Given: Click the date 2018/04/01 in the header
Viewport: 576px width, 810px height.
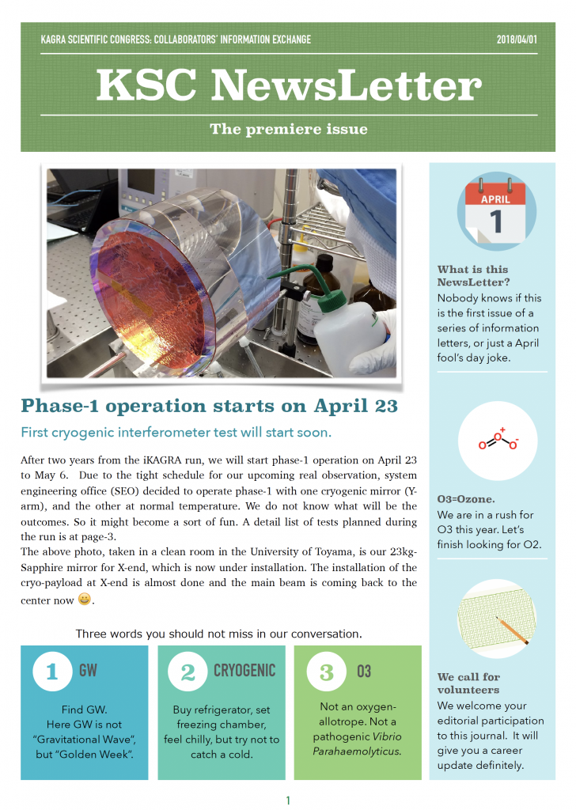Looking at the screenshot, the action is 517,40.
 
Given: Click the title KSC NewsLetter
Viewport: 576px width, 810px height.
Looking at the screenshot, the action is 289,85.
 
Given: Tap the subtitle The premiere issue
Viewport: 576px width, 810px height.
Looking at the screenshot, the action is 289,129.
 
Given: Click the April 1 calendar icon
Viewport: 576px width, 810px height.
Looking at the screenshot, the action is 496,210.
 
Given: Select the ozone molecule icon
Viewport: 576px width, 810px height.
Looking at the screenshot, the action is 498,441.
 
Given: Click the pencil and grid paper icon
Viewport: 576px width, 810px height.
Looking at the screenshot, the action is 497,619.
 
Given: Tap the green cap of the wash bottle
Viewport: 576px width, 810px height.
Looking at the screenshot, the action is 332,298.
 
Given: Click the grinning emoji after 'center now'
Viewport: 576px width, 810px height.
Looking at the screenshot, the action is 84,599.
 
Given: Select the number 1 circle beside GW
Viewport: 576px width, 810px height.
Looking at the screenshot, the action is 52,672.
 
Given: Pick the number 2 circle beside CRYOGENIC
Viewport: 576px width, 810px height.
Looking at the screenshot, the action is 188,672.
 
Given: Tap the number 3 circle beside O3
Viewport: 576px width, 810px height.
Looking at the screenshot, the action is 326,672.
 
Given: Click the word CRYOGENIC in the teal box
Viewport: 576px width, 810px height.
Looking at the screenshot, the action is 244,671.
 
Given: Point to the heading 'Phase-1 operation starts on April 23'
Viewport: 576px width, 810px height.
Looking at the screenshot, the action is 209,406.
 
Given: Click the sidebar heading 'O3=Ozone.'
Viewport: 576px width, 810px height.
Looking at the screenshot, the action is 466,499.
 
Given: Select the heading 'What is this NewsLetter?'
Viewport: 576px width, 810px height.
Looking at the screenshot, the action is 472,276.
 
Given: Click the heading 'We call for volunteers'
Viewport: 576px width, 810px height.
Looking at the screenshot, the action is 468,683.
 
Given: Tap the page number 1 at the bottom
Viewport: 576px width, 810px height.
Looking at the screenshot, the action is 288,801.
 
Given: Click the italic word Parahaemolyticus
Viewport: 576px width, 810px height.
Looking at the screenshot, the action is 357,751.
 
